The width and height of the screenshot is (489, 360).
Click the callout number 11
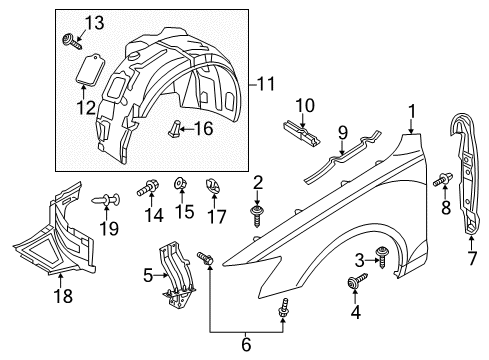click(x=266, y=84)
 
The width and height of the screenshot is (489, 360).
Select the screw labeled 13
click(x=72, y=42)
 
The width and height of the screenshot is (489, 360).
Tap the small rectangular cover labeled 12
click(x=90, y=68)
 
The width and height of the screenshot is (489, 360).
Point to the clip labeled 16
click(x=175, y=129)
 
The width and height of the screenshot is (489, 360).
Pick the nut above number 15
click(x=181, y=183)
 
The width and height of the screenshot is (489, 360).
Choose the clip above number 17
click(x=213, y=186)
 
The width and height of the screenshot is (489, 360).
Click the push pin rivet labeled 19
click(x=106, y=199)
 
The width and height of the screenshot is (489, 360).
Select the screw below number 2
click(x=257, y=216)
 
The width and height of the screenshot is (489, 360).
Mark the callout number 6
click(x=246, y=344)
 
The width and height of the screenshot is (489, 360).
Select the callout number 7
click(x=472, y=258)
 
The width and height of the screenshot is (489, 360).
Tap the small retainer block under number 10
click(x=301, y=133)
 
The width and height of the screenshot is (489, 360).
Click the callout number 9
click(x=343, y=132)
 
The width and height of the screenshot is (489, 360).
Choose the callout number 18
click(x=63, y=296)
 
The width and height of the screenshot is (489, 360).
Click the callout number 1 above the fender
click(x=412, y=112)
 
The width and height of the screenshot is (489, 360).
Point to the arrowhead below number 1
click(x=411, y=131)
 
